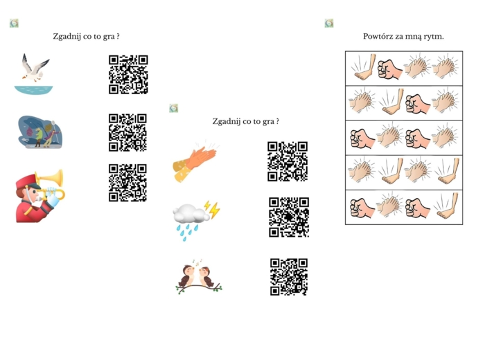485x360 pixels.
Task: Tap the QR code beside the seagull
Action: pos(128,75)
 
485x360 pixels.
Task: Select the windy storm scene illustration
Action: pos(40,132)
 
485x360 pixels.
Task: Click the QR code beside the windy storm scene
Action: pos(127,132)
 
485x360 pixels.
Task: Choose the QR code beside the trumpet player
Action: pos(127,183)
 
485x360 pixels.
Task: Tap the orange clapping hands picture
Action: pos(195,161)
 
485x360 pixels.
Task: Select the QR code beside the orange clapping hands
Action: pos(288,161)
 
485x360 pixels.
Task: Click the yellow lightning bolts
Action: pos(212,209)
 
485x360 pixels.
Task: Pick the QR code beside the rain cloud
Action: pos(289,217)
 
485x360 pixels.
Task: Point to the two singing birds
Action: pos(199,276)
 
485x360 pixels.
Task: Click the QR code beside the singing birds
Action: pos(289,277)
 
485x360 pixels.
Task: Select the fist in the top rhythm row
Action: pos(389,69)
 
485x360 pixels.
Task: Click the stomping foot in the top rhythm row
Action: pos(364,67)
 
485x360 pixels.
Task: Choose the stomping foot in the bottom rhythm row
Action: pos(446,206)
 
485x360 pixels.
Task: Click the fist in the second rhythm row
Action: pos(418,104)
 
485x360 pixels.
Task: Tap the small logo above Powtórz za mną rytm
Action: pos(329,23)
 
